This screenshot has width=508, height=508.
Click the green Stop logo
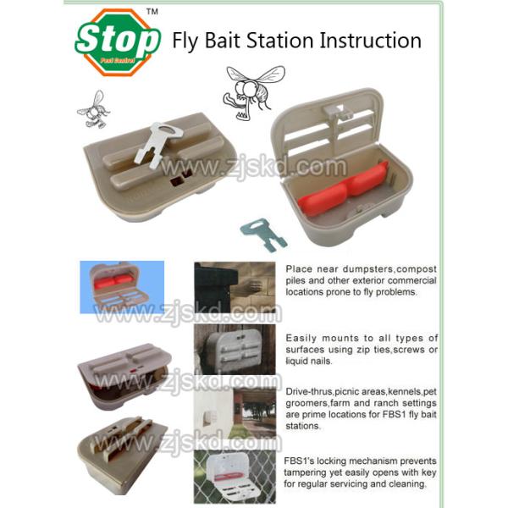(118, 42)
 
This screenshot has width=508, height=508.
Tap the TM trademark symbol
(152, 12)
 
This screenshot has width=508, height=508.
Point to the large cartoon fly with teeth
(254, 91)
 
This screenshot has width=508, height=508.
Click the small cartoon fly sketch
(94, 109)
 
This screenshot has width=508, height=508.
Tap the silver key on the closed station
(158, 145)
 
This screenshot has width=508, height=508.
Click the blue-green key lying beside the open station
(263, 235)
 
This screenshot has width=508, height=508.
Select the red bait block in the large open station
(343, 189)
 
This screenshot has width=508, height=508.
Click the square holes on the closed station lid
(181, 178)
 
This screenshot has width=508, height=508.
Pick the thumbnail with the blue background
(122, 287)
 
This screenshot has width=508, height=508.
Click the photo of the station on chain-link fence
(235, 476)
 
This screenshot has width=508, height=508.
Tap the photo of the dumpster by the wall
(235, 287)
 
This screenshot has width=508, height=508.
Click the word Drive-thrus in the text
(309, 392)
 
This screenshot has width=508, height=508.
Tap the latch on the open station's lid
(337, 112)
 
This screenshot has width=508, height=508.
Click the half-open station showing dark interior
(124, 376)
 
